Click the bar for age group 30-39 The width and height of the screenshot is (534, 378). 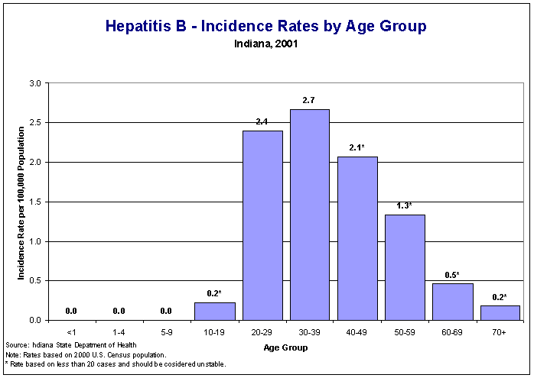point(310,215)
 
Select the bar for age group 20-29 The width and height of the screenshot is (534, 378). point(262,225)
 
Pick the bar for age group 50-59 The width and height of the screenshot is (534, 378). point(405,267)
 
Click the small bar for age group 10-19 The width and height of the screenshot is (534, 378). point(215,312)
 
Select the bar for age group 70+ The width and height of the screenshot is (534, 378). point(500,312)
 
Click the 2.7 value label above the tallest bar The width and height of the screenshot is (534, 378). point(310,100)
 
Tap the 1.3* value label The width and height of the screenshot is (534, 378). point(405,205)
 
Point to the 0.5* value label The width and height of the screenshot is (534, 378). point(452,275)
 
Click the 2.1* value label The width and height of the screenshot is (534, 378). point(357,147)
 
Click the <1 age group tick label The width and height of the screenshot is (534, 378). point(71,333)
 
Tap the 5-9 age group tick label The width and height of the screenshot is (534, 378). point(166,333)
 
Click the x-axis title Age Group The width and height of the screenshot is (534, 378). point(285,347)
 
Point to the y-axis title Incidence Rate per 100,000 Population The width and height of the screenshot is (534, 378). point(22,202)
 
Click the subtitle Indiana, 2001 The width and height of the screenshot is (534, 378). point(266,44)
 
